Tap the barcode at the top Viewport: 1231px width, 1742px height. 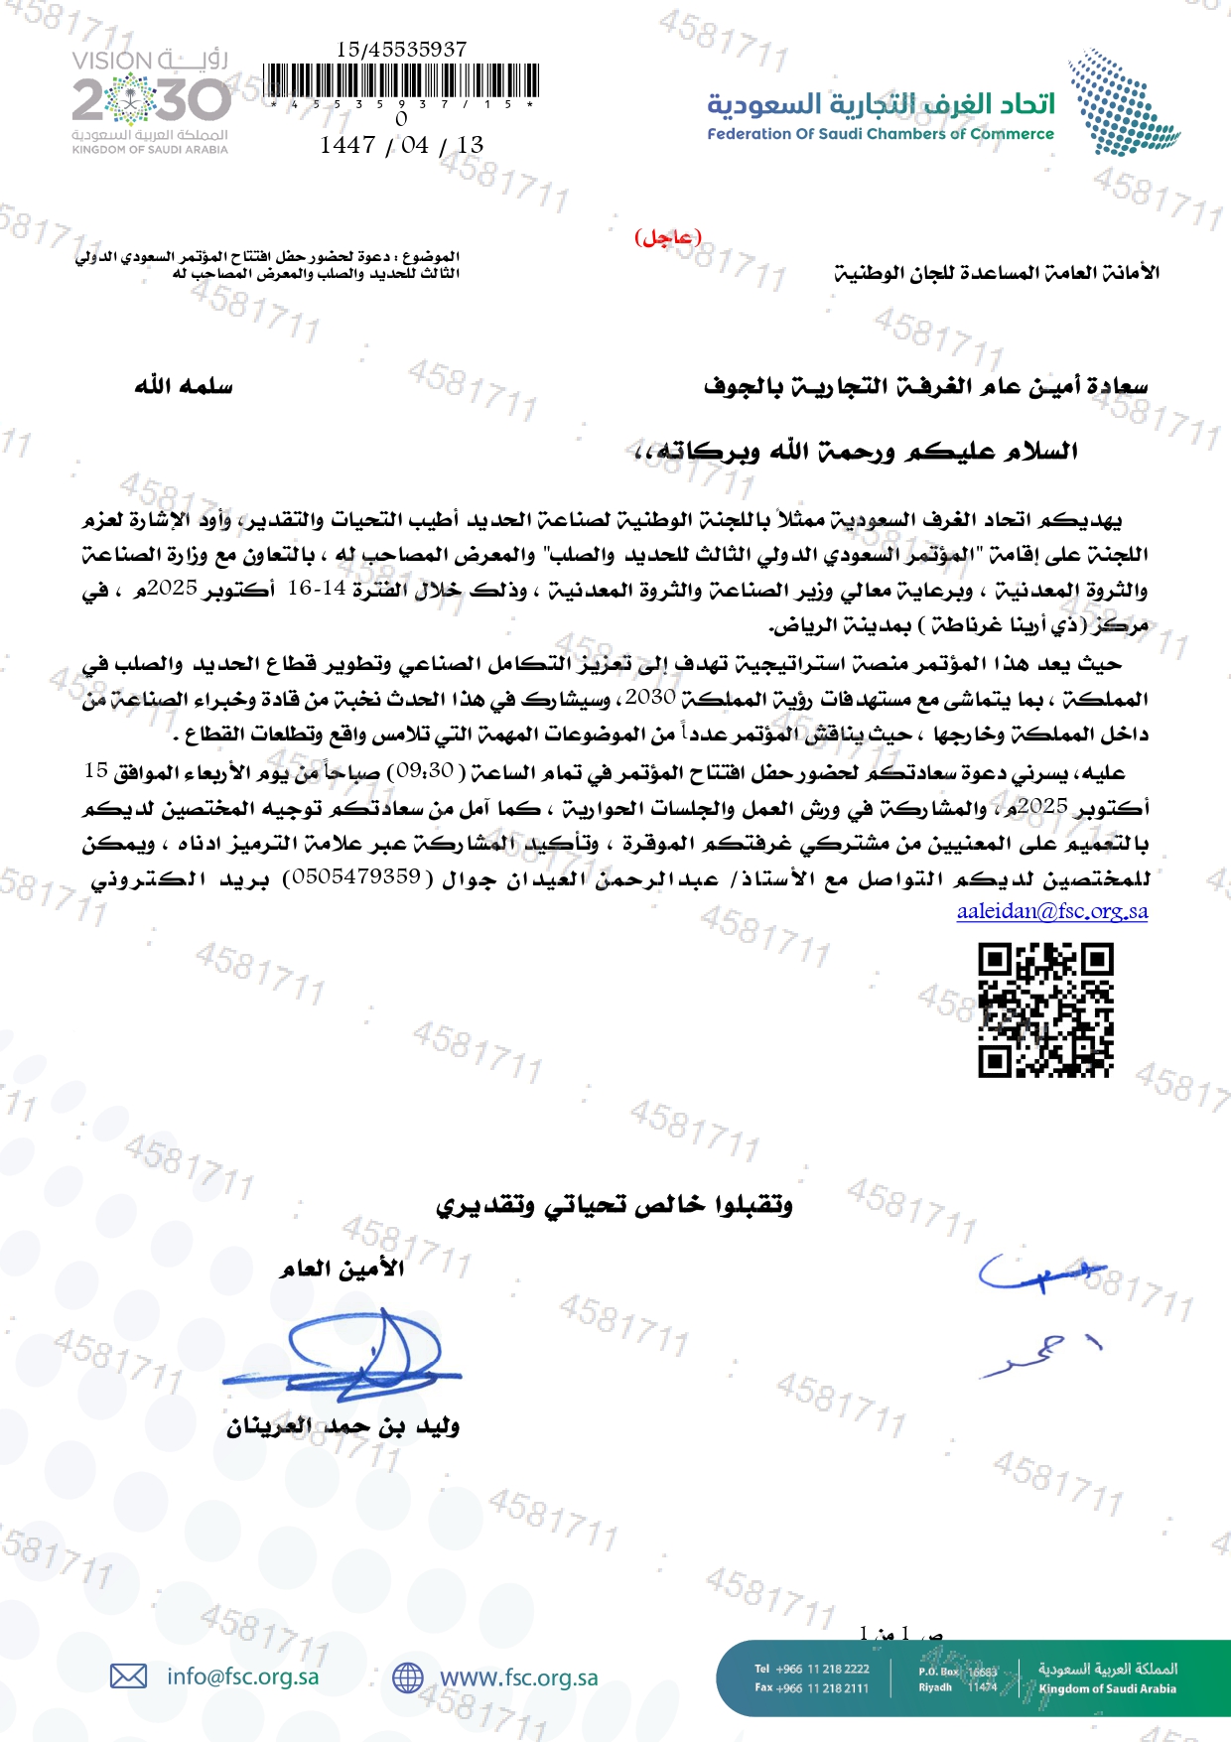tap(401, 81)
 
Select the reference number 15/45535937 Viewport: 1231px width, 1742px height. tap(401, 49)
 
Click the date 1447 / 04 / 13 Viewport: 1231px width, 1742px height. tap(401, 145)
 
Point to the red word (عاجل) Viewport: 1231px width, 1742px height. tap(667, 237)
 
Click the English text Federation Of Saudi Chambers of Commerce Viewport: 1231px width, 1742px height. tap(881, 134)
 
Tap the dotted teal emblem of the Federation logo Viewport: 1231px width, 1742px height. tap(1121, 103)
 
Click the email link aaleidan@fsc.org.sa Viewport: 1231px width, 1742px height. tap(1051, 911)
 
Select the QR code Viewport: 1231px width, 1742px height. tap(1045, 1010)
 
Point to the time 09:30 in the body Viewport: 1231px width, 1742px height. tap(426, 770)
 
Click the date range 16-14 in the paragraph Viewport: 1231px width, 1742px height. tap(317, 588)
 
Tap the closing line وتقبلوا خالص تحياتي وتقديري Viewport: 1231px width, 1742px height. tap(615, 1205)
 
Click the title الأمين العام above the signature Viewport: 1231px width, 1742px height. tap(342, 1269)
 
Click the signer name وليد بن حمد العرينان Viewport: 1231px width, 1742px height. tap(342, 1426)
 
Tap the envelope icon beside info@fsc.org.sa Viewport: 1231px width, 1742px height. tap(128, 1676)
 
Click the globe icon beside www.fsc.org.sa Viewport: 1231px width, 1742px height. tap(408, 1677)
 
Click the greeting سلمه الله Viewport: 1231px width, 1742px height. tap(184, 386)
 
